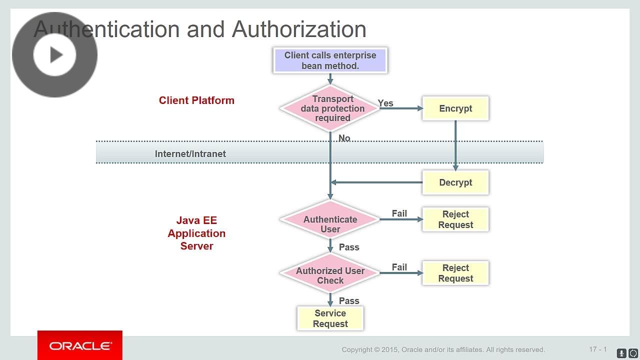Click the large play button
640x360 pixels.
pos(55,54)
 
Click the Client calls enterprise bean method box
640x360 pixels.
pos(330,60)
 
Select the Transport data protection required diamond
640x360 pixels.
pos(330,108)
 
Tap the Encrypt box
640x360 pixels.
pos(455,108)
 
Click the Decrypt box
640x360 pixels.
pos(455,182)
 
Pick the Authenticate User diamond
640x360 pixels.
pos(330,224)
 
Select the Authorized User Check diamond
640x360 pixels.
pos(330,275)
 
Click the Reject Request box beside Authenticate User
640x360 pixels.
pos(455,219)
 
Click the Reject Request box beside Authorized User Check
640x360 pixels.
pos(455,273)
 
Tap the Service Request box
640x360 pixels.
pos(330,318)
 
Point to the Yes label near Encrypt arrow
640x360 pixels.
pos(385,103)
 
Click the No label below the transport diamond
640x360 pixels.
pos(344,138)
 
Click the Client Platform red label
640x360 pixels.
pos(196,100)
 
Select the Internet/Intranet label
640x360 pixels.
pos(190,154)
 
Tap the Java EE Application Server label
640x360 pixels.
pos(196,233)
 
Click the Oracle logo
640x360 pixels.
pos(80,346)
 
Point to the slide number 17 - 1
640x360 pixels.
pos(597,349)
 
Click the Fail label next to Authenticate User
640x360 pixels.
pos(399,213)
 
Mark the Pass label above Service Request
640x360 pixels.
pos(349,300)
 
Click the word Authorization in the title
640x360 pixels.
pos(299,29)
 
